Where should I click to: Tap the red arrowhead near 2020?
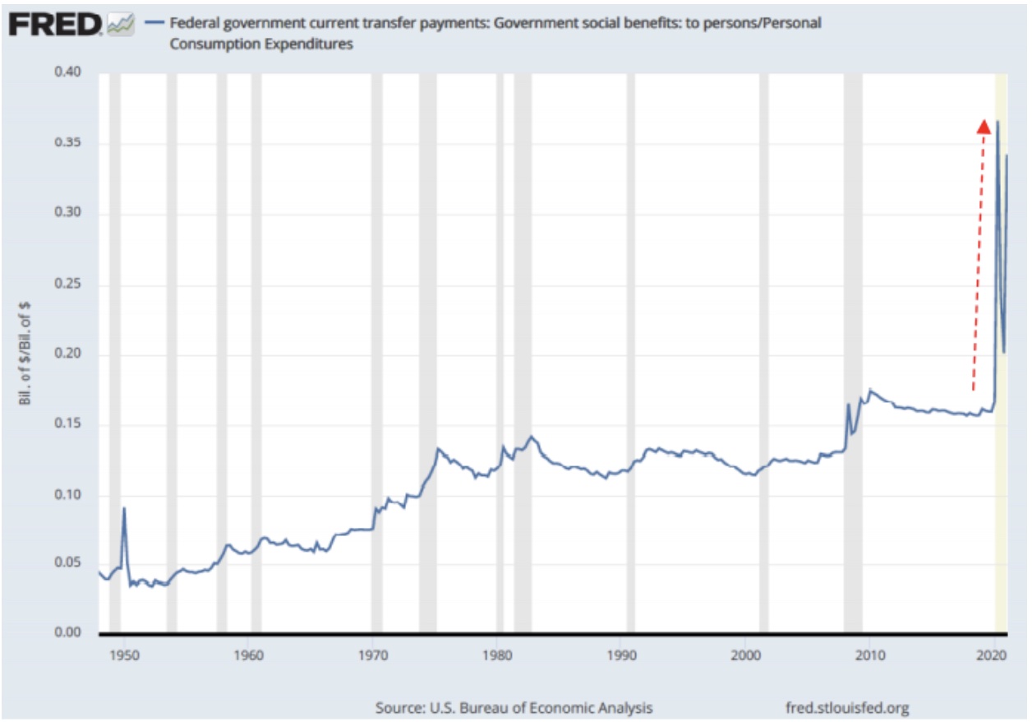click(983, 126)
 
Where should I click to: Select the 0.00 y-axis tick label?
click(69, 632)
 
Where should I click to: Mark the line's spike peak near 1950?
click(124, 507)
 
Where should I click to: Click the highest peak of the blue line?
click(997, 122)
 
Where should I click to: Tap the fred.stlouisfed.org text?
click(848, 707)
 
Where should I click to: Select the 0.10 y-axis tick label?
click(69, 494)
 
